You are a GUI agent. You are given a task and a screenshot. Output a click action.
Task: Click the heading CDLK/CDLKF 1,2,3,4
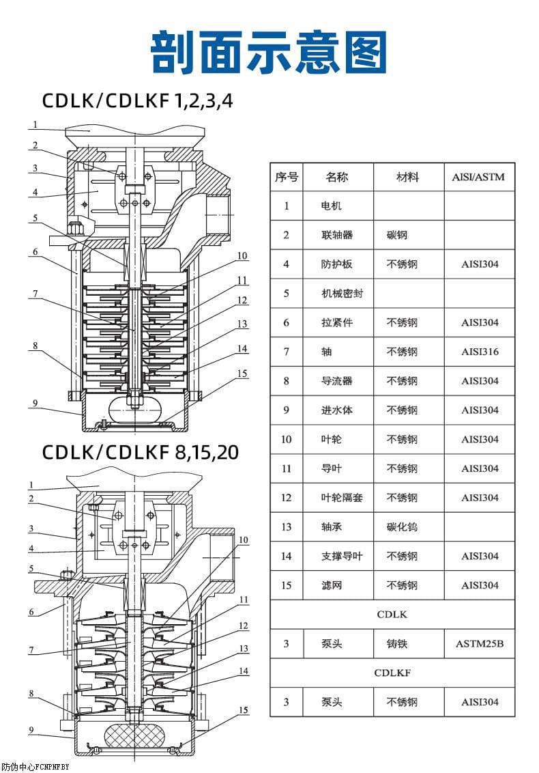pos(137,101)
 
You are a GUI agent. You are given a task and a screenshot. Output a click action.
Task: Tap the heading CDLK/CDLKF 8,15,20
pos(141,452)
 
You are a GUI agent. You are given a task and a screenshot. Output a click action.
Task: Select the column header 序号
pos(287,177)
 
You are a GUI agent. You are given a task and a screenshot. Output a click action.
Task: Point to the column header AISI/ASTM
pos(479,177)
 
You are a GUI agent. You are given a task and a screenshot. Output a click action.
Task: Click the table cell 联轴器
pos(337,235)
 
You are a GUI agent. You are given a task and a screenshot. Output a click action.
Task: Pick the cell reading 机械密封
pos(342,294)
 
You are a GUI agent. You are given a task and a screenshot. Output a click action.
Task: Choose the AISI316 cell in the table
pos(479,352)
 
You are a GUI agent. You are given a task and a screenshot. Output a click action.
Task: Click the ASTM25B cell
pos(479,643)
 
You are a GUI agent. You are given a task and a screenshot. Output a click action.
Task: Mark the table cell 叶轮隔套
pos(342,498)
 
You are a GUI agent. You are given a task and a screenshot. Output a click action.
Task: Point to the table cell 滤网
pos(332,585)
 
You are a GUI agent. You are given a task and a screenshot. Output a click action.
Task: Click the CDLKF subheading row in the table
pos(392,673)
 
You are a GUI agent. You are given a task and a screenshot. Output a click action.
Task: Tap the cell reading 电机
pos(332,206)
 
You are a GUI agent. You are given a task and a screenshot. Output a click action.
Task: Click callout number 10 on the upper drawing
pos(242,256)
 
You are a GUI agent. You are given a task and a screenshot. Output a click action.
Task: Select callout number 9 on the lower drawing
pos(31,730)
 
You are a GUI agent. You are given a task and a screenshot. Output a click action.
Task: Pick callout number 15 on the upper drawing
pos(242,374)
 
